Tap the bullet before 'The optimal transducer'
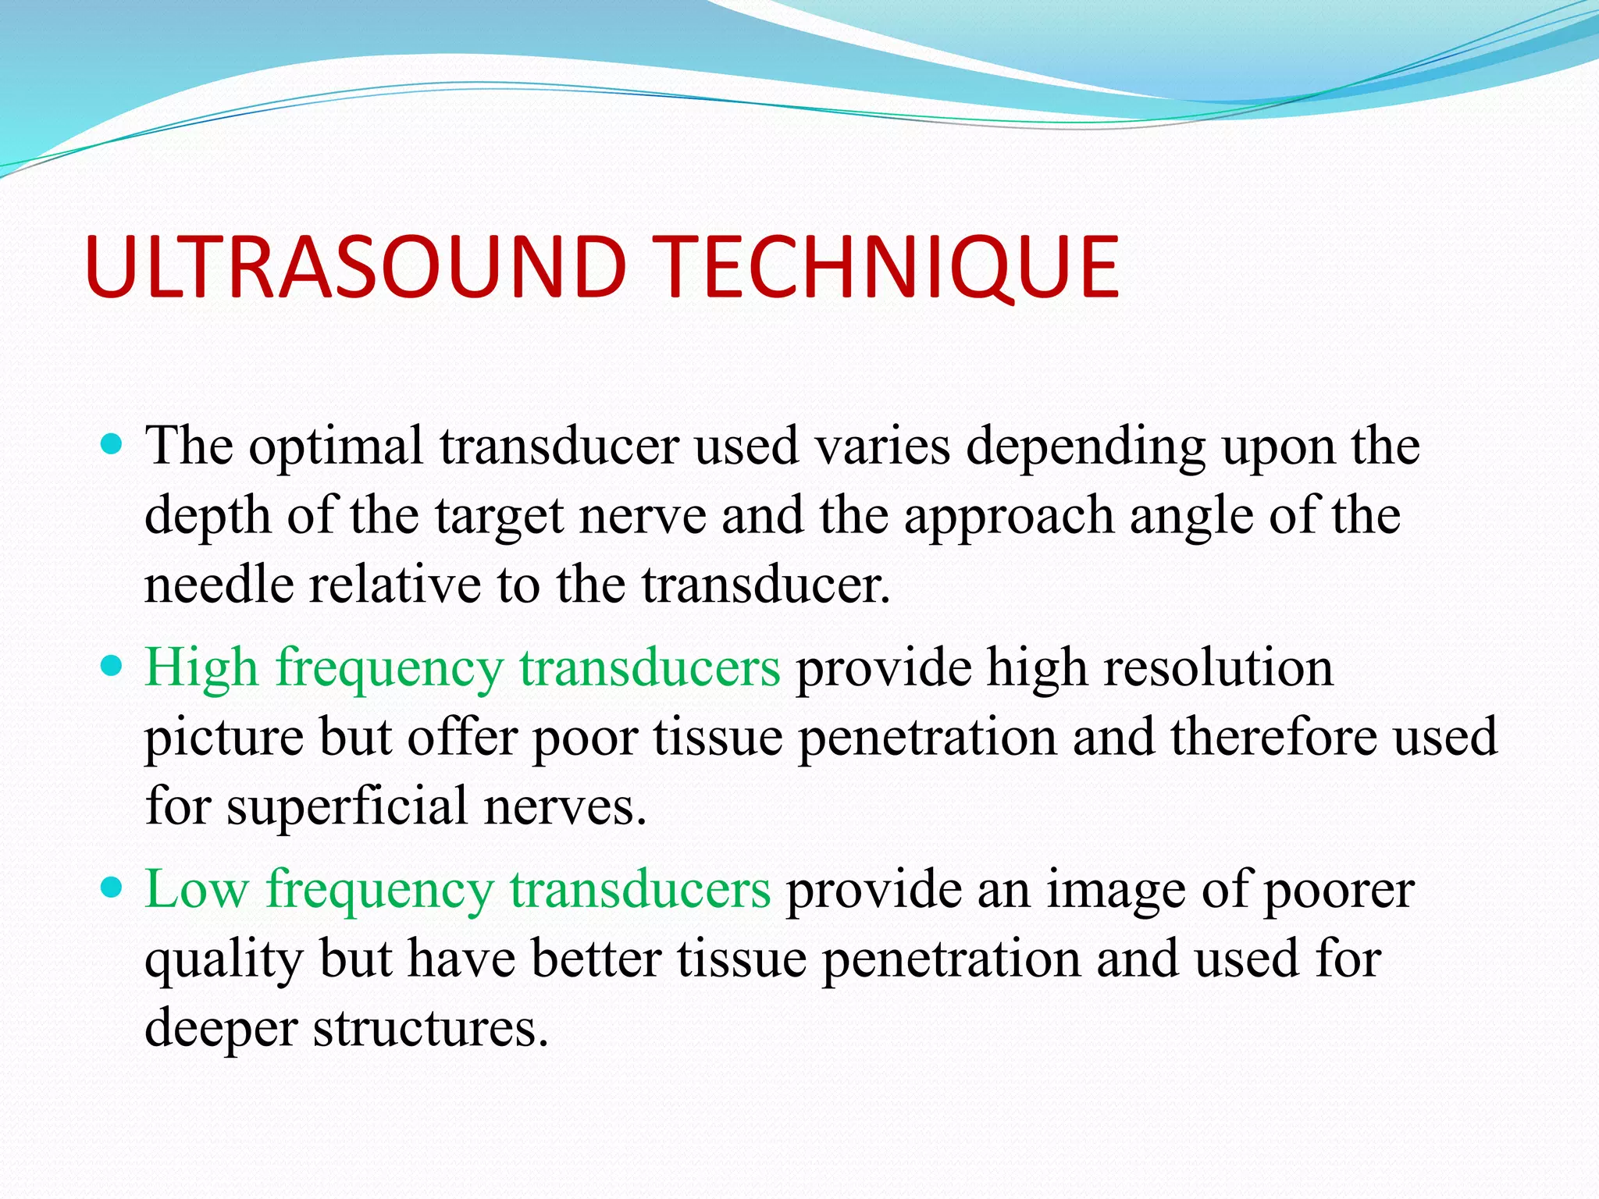pyautogui.click(x=113, y=446)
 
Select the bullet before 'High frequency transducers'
pyautogui.click(x=113, y=667)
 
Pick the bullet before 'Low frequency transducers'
pyautogui.click(x=113, y=888)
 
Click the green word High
pyautogui.click(x=201, y=668)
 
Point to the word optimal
pyautogui.click(x=336, y=447)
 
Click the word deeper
pyautogui.click(x=221, y=1028)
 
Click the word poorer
pyautogui.click(x=1338, y=891)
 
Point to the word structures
pyautogui.click(x=430, y=1028)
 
